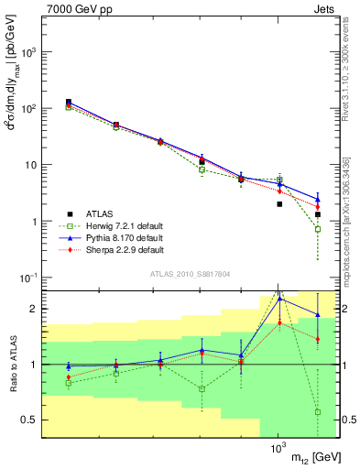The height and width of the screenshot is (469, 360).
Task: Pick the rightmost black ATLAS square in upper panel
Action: [317, 214]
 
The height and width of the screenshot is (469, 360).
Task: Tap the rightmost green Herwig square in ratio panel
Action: [317, 412]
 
